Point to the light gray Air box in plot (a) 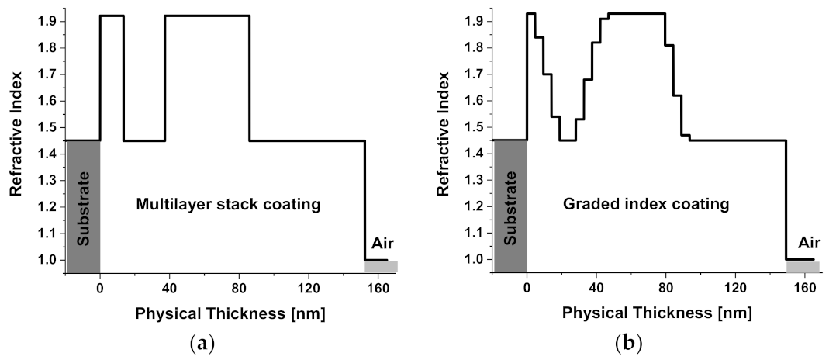click(381, 267)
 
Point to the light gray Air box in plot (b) click(803, 267)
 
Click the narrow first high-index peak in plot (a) click(112, 16)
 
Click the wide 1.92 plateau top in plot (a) click(207, 16)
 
